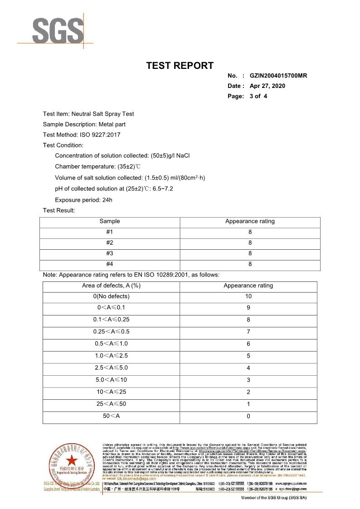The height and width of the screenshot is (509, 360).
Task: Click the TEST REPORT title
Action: pos(180,65)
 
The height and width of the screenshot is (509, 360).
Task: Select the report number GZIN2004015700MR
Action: pos(278,76)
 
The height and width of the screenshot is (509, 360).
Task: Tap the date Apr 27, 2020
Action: pos(268,86)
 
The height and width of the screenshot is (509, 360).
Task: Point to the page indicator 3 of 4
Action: pos(258,96)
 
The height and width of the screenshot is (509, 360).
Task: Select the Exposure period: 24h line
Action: pos(83,200)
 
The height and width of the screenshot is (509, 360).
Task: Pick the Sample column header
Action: pos(110,221)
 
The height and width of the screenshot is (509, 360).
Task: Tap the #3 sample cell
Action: pos(110,253)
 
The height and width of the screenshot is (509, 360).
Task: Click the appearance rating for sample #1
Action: pos(250,232)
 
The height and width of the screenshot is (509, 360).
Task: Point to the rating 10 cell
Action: pos(248,296)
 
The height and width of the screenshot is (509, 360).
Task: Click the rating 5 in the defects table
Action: pos(248,356)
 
